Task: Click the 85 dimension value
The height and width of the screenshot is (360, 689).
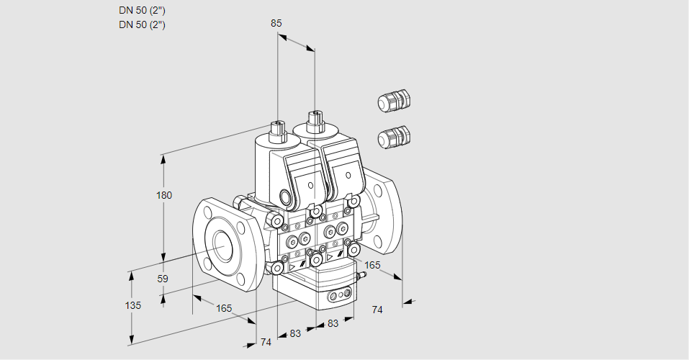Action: click(276, 23)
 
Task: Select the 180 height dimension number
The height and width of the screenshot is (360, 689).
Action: click(164, 196)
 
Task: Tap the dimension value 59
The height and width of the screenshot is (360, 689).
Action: click(163, 279)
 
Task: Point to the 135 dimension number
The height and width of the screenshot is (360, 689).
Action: click(133, 305)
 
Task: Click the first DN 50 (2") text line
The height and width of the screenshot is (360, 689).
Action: click(142, 11)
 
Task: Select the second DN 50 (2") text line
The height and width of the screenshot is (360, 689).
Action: click(142, 24)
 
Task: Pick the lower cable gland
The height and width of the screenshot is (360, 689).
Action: click(393, 136)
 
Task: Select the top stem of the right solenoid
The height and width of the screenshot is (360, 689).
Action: click(315, 118)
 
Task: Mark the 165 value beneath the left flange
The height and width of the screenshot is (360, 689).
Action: click(225, 308)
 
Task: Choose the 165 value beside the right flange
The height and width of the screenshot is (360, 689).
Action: click(372, 266)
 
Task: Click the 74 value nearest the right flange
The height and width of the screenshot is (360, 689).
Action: click(377, 310)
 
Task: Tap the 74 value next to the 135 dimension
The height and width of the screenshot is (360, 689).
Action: click(266, 342)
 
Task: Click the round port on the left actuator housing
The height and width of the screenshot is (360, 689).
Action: click(287, 197)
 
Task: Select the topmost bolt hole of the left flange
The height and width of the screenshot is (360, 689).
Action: click(208, 212)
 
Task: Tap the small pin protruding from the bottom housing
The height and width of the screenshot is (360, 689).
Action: click(361, 275)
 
